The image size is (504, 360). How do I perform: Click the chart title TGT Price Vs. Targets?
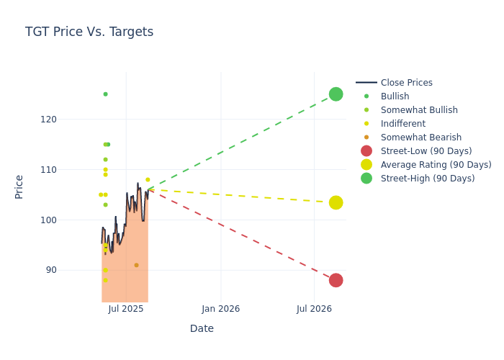point(89,32)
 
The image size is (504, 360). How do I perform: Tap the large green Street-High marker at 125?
point(336,94)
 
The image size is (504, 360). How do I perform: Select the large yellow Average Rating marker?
point(336,203)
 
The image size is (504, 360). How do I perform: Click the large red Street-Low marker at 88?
point(336,280)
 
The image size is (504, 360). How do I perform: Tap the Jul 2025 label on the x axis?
point(126,309)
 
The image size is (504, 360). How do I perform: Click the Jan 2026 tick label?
point(220,309)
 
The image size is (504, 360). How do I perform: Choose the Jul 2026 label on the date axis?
point(315,309)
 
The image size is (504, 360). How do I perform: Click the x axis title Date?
point(202,329)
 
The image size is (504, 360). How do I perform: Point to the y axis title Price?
point(19,186)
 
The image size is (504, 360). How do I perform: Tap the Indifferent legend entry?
point(402,124)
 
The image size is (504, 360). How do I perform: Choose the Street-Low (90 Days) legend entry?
point(426,151)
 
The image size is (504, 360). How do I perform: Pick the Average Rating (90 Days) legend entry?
point(436,165)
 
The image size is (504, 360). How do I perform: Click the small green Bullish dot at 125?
point(105,94)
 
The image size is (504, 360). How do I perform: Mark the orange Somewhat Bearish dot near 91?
point(136,266)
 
